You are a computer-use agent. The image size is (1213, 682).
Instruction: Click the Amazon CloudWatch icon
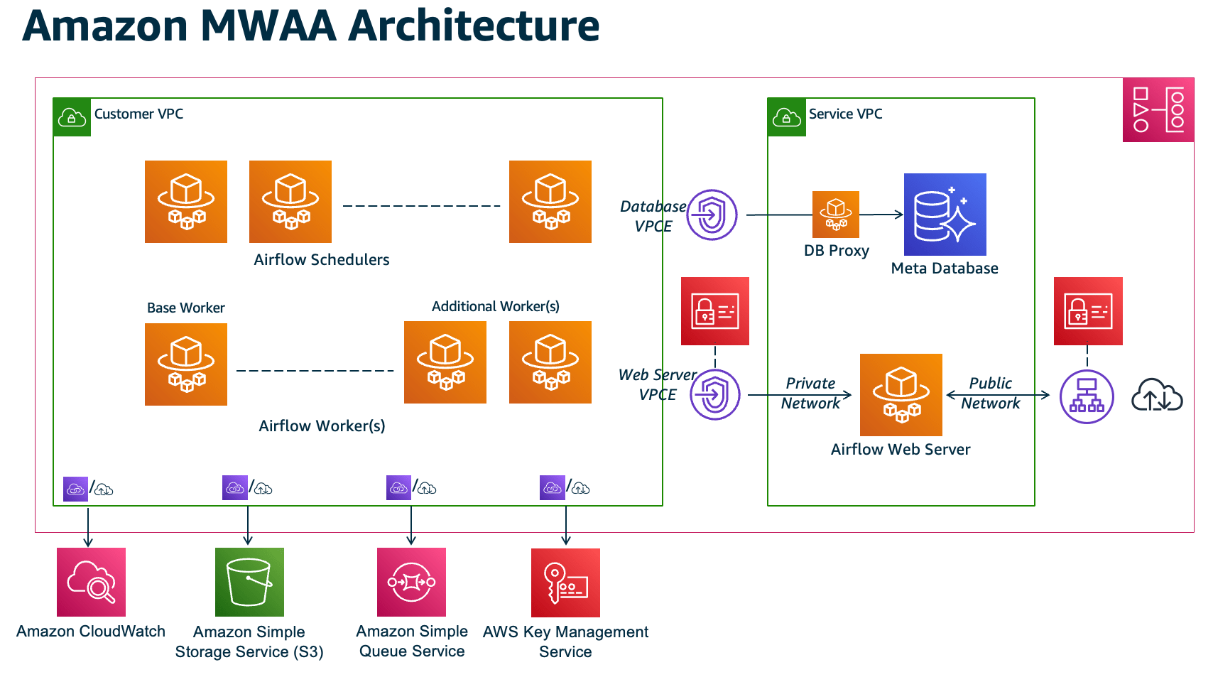click(x=91, y=582)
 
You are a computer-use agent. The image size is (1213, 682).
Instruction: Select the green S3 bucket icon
click(x=249, y=582)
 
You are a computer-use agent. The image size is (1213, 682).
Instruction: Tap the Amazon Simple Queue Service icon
click(x=411, y=582)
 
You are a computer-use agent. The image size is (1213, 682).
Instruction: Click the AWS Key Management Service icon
click(x=565, y=583)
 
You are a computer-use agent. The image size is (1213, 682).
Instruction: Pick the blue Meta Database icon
click(x=945, y=215)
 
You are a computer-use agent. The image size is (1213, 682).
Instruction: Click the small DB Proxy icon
click(x=836, y=215)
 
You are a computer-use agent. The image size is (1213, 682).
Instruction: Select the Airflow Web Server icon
click(x=901, y=395)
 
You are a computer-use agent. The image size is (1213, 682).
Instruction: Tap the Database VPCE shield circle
click(x=712, y=215)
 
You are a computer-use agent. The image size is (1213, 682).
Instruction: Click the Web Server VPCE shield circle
click(x=714, y=394)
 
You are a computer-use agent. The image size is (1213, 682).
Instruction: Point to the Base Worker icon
click(x=186, y=364)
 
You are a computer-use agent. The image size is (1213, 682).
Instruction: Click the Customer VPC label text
click(x=138, y=114)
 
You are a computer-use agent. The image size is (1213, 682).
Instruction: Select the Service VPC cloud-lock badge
click(x=787, y=117)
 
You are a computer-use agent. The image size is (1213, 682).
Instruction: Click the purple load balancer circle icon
click(x=1087, y=396)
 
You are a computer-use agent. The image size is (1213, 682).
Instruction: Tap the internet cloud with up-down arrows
click(x=1156, y=395)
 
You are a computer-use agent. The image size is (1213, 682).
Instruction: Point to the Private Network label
click(x=810, y=393)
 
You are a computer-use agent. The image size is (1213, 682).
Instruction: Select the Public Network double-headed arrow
click(x=998, y=395)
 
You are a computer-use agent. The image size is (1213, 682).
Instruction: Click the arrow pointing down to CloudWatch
click(x=88, y=529)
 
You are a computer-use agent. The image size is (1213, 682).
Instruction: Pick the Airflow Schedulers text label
click(x=322, y=260)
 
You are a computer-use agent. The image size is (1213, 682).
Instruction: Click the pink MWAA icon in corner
click(x=1158, y=110)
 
